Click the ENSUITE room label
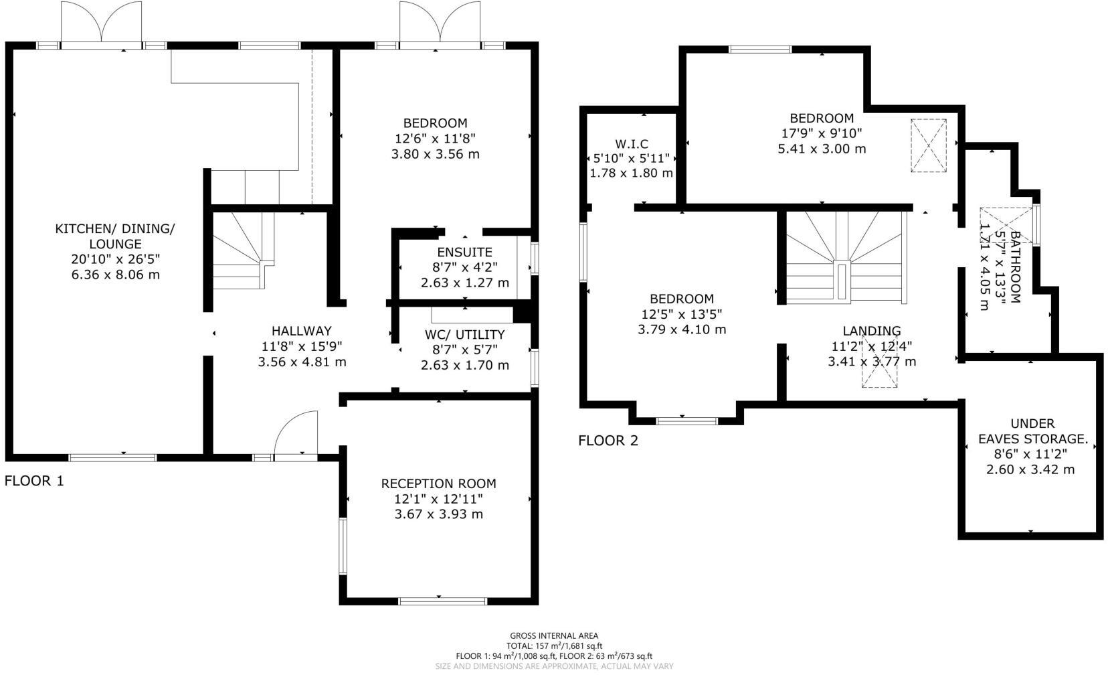click(464, 252)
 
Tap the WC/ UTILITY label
click(464, 335)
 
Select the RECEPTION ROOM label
click(438, 483)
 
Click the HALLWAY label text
click(301, 331)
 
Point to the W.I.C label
click(631, 144)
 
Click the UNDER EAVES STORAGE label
click(1032, 431)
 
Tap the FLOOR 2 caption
click(608, 441)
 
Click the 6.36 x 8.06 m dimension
click(115, 275)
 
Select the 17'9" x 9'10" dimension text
click(821, 133)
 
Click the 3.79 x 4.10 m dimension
click(681, 329)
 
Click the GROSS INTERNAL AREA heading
click(553, 636)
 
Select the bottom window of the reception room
click(442, 601)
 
